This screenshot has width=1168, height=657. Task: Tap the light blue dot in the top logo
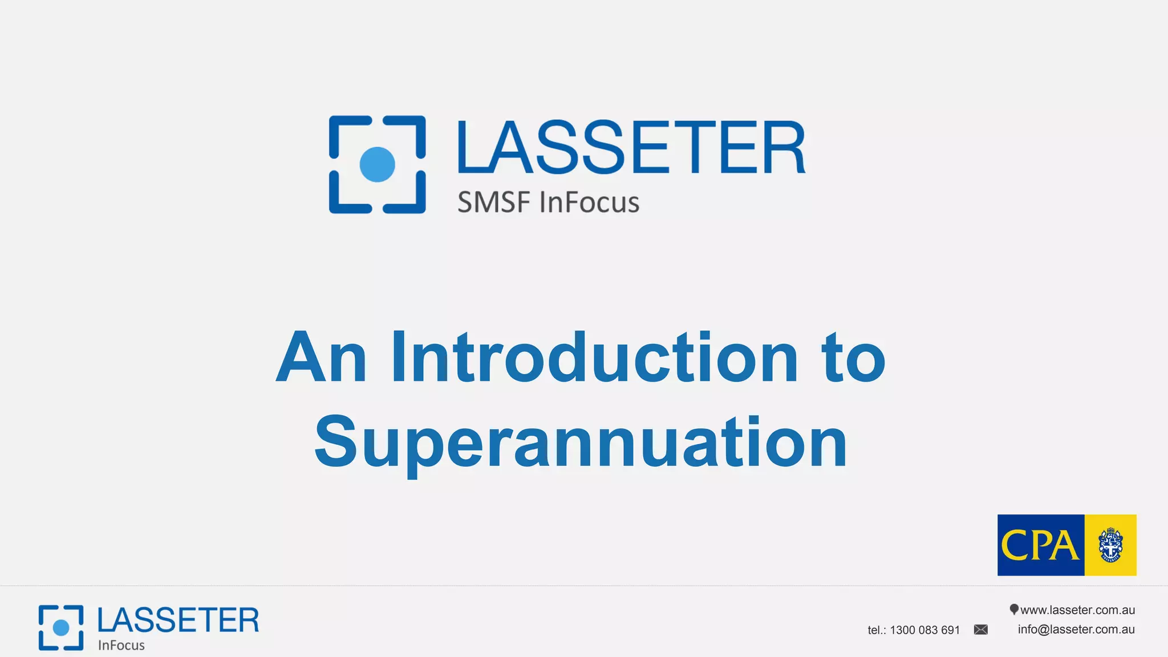(377, 164)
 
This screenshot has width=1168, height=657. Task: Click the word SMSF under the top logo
(494, 202)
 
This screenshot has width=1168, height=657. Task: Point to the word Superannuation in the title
(581, 442)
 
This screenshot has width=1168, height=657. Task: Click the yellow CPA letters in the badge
(1040, 545)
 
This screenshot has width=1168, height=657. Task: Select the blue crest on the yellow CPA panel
(1110, 545)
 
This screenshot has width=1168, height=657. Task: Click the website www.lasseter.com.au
(1077, 610)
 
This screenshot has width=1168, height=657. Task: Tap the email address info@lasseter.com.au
(1076, 630)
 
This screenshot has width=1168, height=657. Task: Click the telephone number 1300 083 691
(924, 630)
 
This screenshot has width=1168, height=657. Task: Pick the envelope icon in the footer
(981, 630)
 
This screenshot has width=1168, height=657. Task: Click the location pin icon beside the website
(1013, 610)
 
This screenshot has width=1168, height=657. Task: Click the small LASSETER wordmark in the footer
(178, 620)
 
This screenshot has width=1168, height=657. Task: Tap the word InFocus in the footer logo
(121, 646)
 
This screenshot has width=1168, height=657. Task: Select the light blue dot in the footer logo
(61, 627)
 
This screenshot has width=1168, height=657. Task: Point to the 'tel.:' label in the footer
(877, 630)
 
